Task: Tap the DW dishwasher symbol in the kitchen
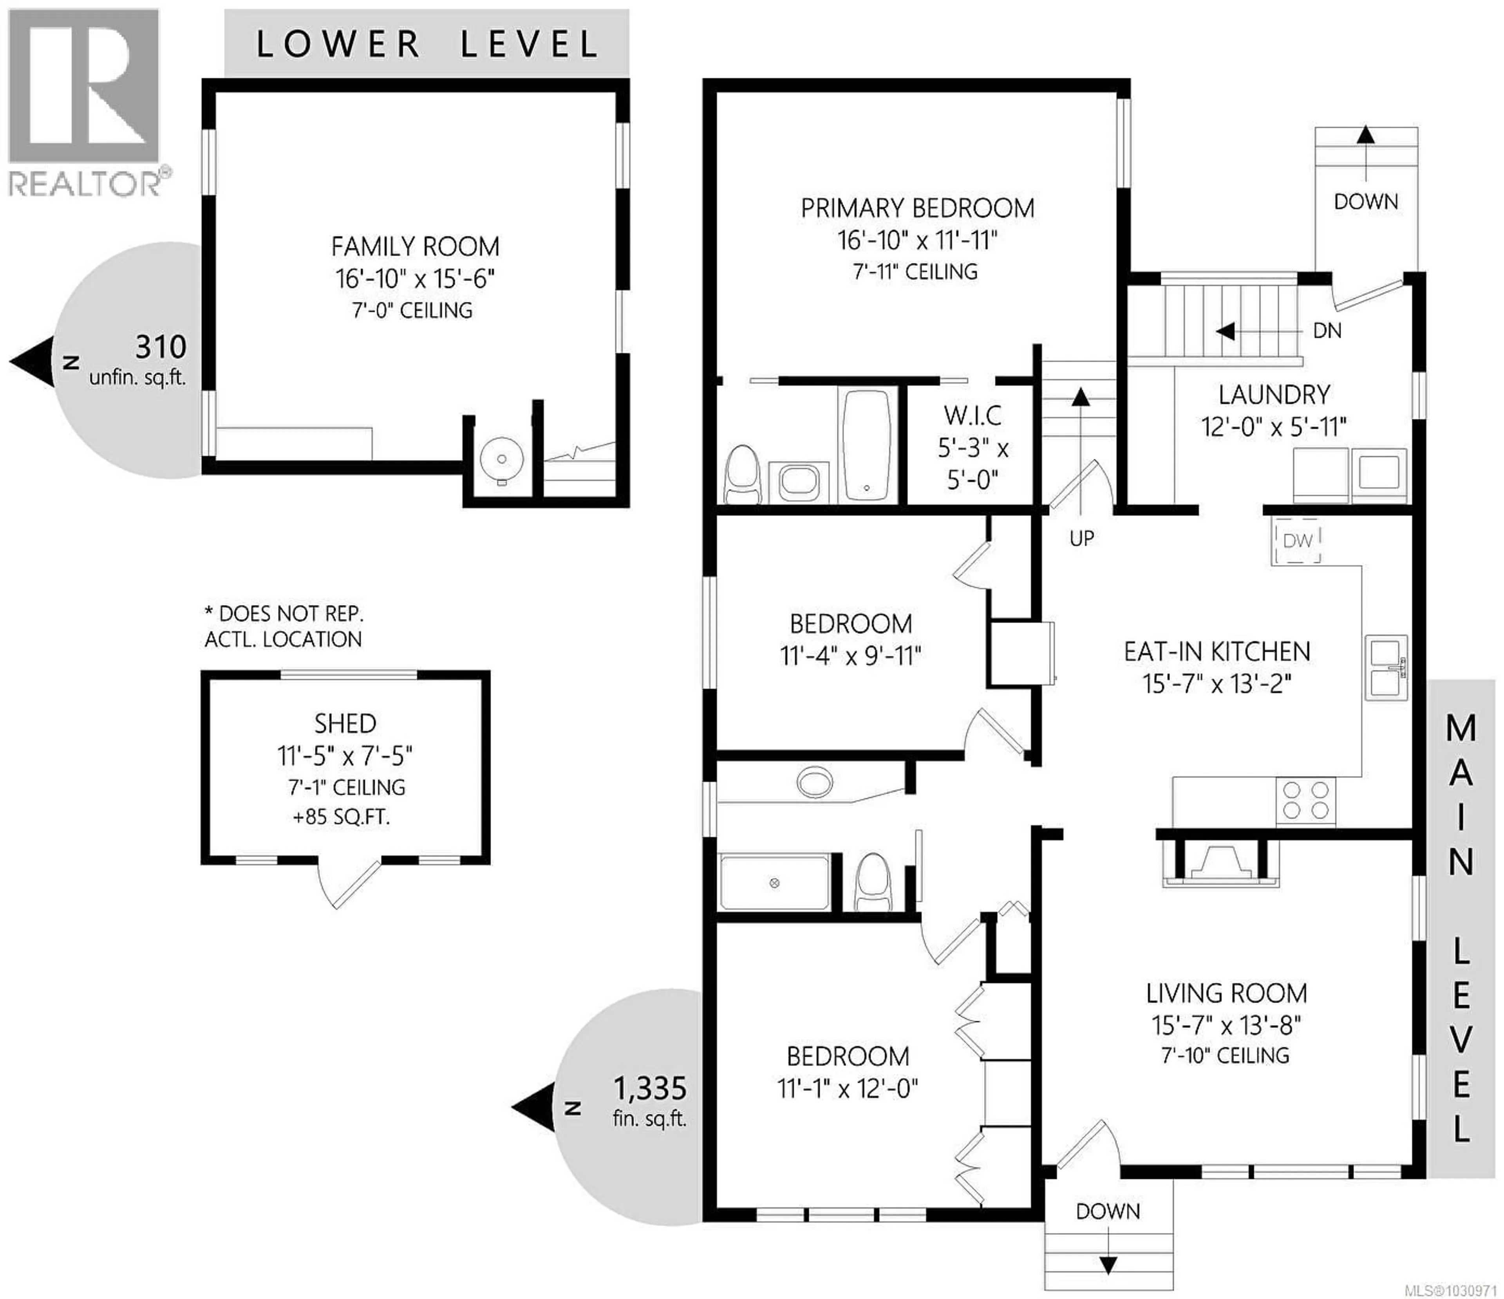tap(1296, 541)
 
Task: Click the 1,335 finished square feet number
tap(650, 1089)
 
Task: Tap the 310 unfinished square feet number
tap(161, 348)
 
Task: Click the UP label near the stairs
tap(1081, 538)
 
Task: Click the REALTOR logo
tap(83, 101)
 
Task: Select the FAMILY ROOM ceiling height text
tap(412, 311)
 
